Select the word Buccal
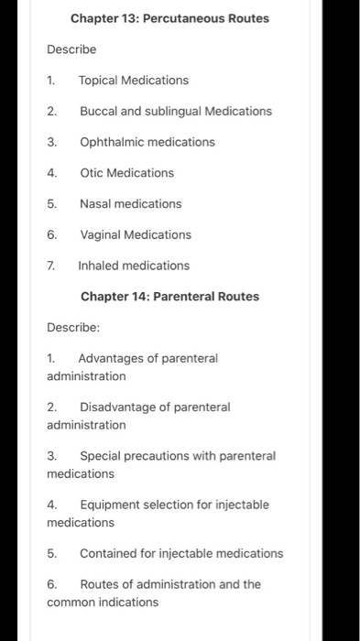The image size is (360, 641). pos(98,112)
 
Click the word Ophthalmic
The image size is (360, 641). pos(111,142)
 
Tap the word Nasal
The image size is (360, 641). pos(95,204)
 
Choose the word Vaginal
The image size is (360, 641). pos(101,235)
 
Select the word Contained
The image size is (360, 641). pos(108,554)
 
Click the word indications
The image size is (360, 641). pos(128,603)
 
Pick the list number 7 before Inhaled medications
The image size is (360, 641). pos(51,266)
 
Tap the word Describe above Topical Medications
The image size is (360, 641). pos(71,49)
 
